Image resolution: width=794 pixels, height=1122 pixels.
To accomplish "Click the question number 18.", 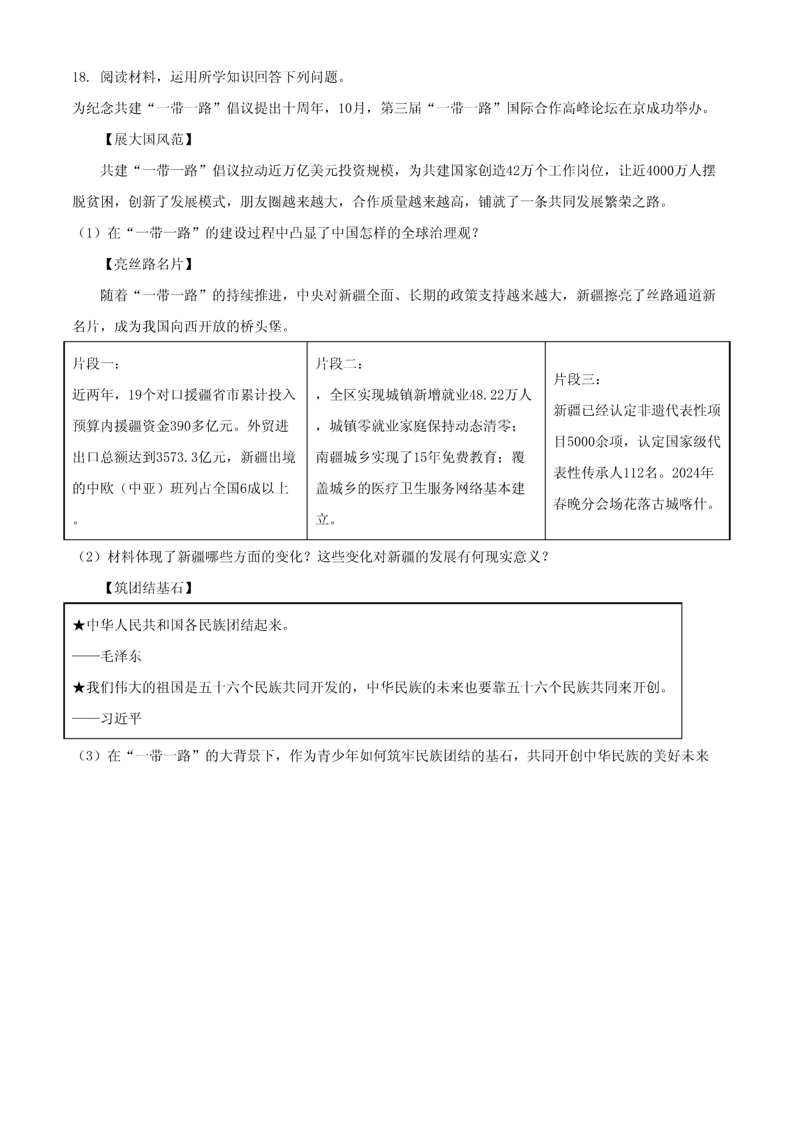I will pyautogui.click(x=80, y=77).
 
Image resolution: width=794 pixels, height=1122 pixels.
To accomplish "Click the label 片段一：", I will pyautogui.click(x=97, y=364).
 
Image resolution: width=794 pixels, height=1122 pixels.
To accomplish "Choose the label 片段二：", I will pyautogui.click(x=340, y=364).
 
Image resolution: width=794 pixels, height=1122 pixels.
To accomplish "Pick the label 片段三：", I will pyautogui.click(x=577, y=380).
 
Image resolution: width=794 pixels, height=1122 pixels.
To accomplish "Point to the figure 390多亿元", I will pyautogui.click(x=201, y=426).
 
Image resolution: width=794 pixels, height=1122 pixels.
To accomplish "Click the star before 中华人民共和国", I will pyautogui.click(x=79, y=626).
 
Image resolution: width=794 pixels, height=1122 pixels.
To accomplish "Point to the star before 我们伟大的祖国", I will pyautogui.click(x=79, y=688).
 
